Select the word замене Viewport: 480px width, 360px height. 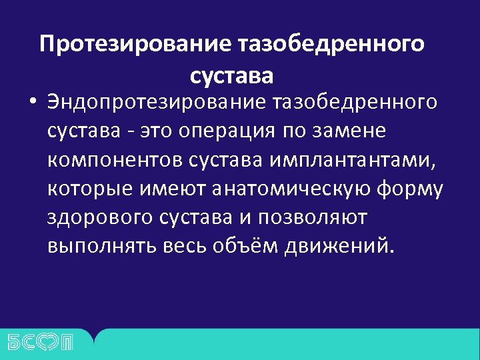click(354, 131)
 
